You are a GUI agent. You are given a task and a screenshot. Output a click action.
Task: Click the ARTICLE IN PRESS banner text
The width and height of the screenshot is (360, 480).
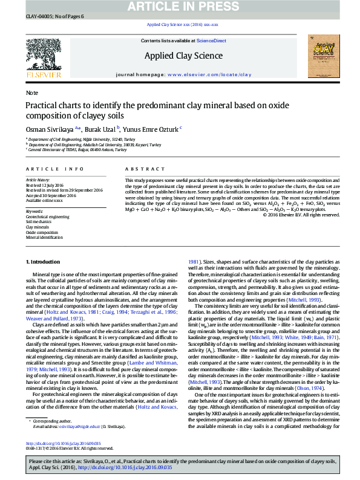pos(180,6)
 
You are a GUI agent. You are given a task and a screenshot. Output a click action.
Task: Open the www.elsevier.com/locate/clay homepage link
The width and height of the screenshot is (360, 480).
pos(209,74)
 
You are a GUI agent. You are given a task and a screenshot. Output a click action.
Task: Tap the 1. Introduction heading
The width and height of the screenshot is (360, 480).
pos(42,262)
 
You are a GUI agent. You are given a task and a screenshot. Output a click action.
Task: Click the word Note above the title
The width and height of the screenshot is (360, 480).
pos(31,93)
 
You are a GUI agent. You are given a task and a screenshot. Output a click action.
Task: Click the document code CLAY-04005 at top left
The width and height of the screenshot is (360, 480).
pos(38,16)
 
